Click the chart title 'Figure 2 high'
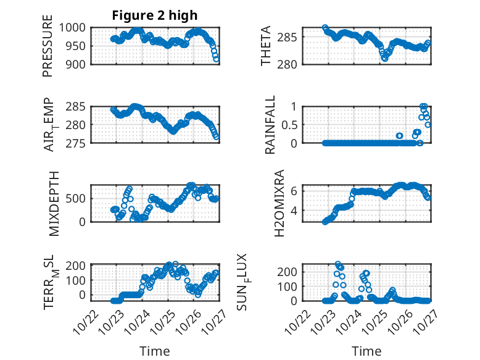(x=155, y=15)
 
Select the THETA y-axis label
(x=266, y=46)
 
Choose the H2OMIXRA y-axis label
(x=279, y=203)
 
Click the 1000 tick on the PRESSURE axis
(x=77, y=27)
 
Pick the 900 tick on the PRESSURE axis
(x=80, y=64)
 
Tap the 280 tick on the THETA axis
(x=292, y=64)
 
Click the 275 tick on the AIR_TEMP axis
(x=80, y=143)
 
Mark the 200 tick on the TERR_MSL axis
(x=80, y=266)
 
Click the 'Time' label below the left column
(x=155, y=351)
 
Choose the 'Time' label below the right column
(x=367, y=351)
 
